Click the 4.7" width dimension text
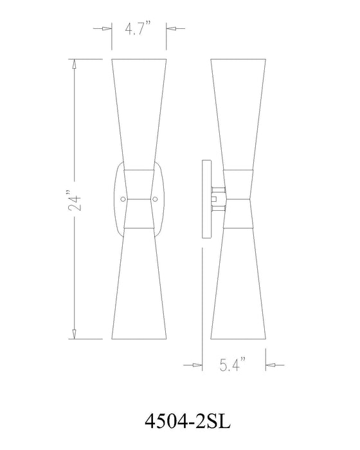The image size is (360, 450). coord(138,30)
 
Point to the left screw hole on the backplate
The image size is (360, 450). coord(123,199)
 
